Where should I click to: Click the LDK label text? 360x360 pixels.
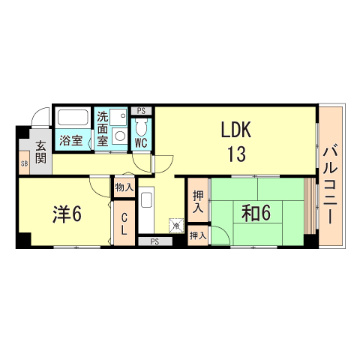(x=236, y=129)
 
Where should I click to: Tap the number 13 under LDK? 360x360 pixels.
(x=236, y=154)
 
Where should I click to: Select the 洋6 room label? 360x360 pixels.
(x=67, y=214)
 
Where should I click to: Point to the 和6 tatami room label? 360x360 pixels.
(x=256, y=213)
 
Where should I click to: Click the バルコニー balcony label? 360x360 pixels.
(x=331, y=185)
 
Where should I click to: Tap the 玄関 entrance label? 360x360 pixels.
(x=40, y=152)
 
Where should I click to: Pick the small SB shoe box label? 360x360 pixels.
(x=25, y=164)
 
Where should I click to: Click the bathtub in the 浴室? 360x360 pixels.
(x=73, y=117)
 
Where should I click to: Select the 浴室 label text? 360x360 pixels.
(x=71, y=140)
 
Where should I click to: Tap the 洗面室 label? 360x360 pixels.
(x=103, y=129)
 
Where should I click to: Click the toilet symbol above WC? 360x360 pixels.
(x=141, y=127)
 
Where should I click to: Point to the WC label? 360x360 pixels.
(x=141, y=143)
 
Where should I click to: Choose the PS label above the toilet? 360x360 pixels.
(x=141, y=111)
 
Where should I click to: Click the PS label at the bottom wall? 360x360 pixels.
(x=154, y=241)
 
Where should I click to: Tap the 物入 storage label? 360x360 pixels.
(x=124, y=187)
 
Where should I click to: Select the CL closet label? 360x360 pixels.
(x=124, y=224)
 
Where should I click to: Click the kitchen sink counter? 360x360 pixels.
(x=146, y=209)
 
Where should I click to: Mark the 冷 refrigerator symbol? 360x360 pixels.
(x=176, y=226)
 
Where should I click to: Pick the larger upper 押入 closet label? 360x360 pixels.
(x=198, y=202)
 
